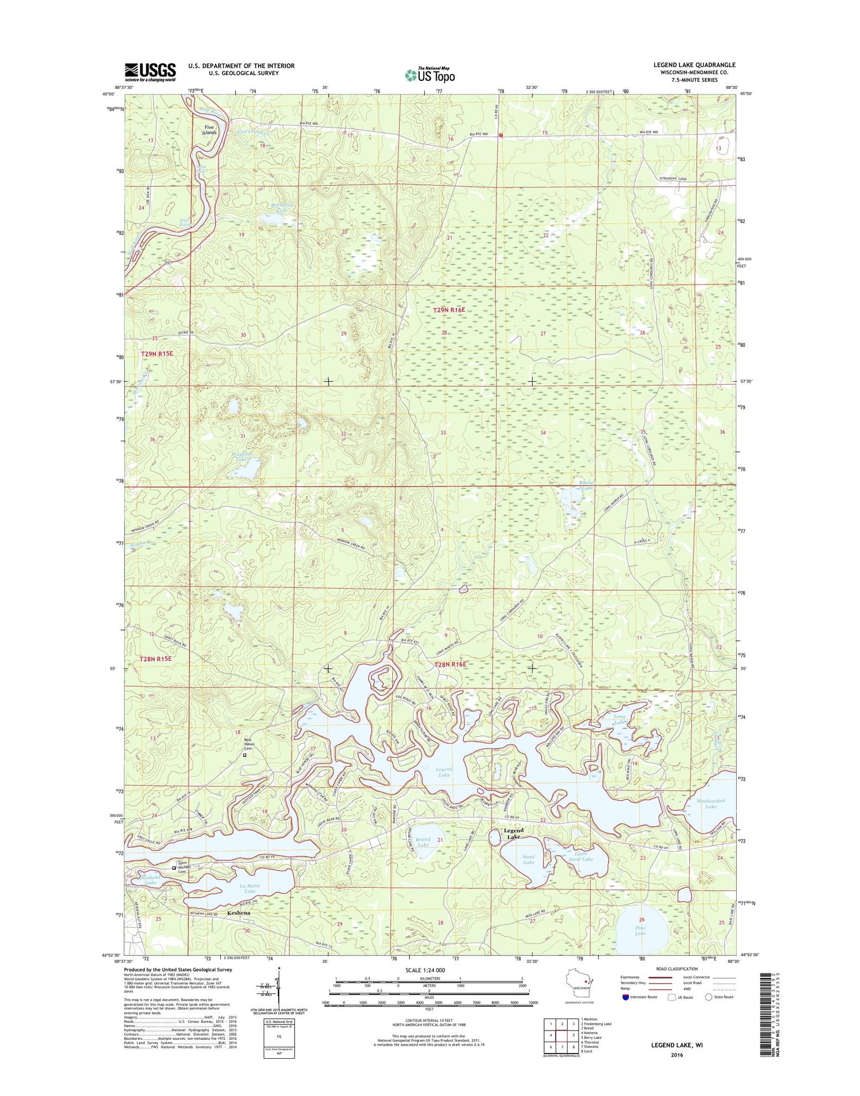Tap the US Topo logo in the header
click(429, 75)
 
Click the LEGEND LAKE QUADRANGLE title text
click(694, 65)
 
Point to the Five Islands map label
click(209, 130)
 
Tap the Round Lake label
click(423, 842)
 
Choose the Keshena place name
click(239, 913)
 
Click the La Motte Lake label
click(249, 888)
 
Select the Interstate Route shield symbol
click(625, 997)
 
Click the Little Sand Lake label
click(580, 856)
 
